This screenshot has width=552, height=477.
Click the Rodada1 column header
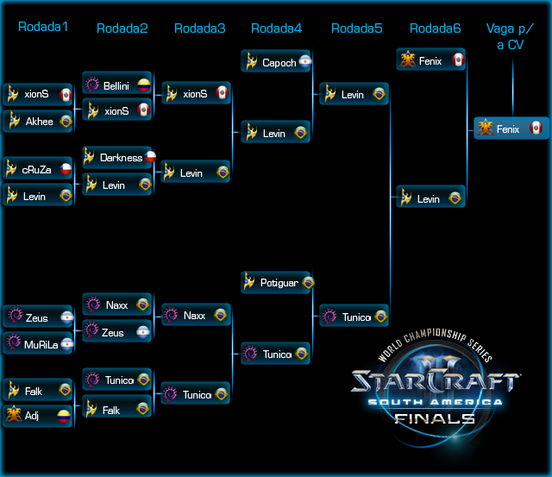coord(43,27)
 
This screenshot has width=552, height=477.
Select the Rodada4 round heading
coord(276,28)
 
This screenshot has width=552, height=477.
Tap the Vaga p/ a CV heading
coord(512,36)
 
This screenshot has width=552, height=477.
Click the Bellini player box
coord(116,86)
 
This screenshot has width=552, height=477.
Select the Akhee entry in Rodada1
coord(38,122)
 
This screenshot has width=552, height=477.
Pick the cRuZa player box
coord(38,170)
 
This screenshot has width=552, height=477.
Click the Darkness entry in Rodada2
coord(117,158)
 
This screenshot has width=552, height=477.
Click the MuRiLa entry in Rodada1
coord(38,345)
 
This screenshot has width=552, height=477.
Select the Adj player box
coord(38,416)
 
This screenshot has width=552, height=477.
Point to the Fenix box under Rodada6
coord(431,61)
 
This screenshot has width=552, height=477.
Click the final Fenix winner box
coord(511,129)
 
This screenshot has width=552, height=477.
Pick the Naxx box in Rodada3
coord(196,316)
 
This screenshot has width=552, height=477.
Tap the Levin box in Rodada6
coord(431,199)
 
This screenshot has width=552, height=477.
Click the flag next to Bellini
coord(144,86)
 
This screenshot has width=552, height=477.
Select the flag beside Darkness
coord(149,157)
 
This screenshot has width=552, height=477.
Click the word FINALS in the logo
coord(434,419)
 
